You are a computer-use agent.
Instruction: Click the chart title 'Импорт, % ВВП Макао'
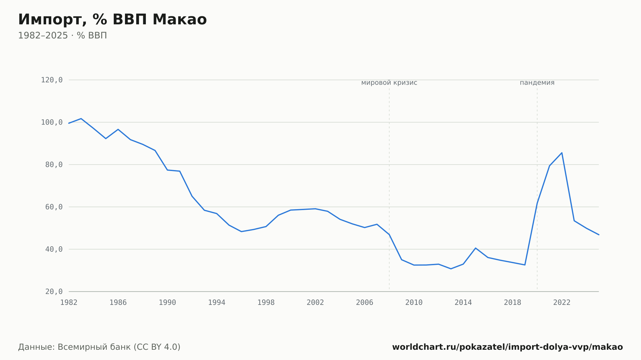pyautogui.click(x=112, y=20)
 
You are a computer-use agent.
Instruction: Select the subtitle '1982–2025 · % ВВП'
pyautogui.click(x=62, y=36)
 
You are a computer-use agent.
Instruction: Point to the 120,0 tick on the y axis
pyautogui.click(x=52, y=80)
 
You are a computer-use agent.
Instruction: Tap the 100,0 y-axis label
pyautogui.click(x=52, y=122)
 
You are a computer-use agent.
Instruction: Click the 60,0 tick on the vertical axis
pyautogui.click(x=54, y=207)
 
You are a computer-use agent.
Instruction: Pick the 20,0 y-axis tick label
pyautogui.click(x=54, y=291)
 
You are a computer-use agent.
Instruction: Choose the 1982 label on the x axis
pyautogui.click(x=69, y=303)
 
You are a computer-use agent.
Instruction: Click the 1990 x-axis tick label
pyautogui.click(x=167, y=303)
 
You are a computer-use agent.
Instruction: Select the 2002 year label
pyautogui.click(x=315, y=303)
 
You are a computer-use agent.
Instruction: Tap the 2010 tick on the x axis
pyautogui.click(x=414, y=303)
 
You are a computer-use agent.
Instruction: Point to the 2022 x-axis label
pyautogui.click(x=562, y=303)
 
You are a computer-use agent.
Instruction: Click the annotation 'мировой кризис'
pyautogui.click(x=389, y=83)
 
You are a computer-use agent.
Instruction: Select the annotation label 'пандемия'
pyautogui.click(x=537, y=83)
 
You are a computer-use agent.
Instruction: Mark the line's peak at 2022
pyautogui.click(x=562, y=153)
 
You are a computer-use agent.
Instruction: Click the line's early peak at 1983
pyautogui.click(x=81, y=119)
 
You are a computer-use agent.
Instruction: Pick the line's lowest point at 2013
pyautogui.click(x=451, y=269)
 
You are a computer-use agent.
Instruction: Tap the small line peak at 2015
pyautogui.click(x=476, y=248)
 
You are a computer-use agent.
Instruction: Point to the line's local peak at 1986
pyautogui.click(x=118, y=129)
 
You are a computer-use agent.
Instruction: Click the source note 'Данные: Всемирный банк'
pyautogui.click(x=74, y=347)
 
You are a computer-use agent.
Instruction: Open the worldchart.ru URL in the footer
pyautogui.click(x=507, y=347)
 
